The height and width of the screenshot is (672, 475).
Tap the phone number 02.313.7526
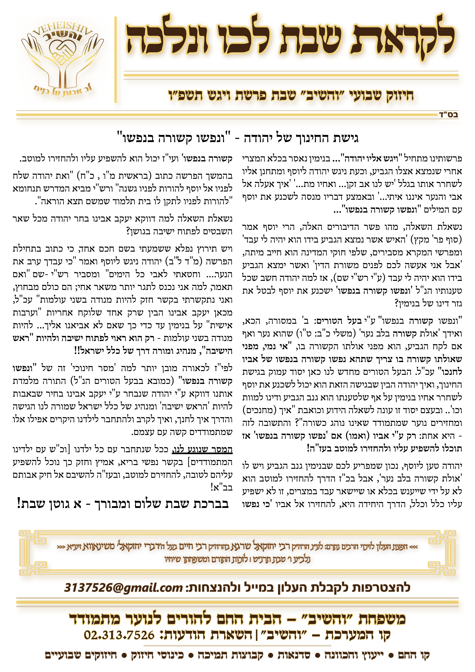point(119,635)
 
